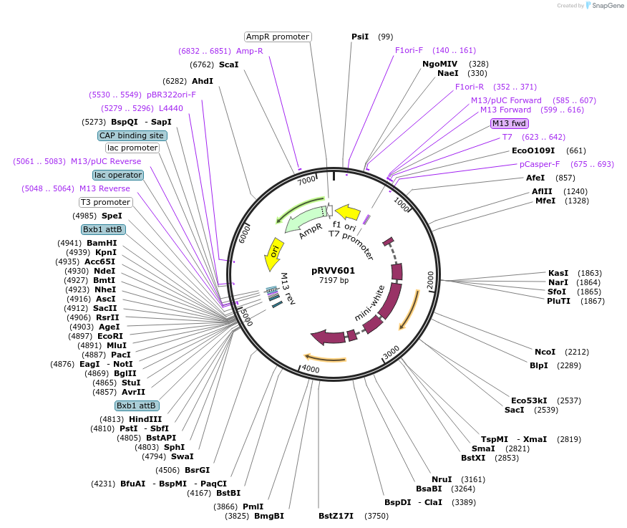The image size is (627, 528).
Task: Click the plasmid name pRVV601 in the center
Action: [x=333, y=270]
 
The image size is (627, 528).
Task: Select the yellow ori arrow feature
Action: [x=273, y=254]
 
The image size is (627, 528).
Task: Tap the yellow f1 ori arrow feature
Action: [x=348, y=212]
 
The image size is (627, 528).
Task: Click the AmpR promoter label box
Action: [x=277, y=37]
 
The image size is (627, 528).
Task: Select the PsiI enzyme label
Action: [x=360, y=37]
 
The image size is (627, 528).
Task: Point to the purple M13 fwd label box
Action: [x=509, y=123]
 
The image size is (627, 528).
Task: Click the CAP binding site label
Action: [x=132, y=135]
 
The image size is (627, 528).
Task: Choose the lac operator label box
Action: [x=118, y=175]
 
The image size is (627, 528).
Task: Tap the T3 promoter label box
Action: [x=105, y=202]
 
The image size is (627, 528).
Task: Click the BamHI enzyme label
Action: [x=102, y=243]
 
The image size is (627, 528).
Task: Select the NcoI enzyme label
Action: [x=545, y=352]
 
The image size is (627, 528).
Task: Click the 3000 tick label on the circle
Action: [x=391, y=352]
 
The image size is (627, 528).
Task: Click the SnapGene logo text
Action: [x=605, y=6]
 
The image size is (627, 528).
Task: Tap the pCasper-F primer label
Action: [x=540, y=164]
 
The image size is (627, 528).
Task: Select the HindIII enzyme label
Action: [x=145, y=419]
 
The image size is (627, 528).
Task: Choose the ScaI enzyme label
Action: [x=228, y=64]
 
